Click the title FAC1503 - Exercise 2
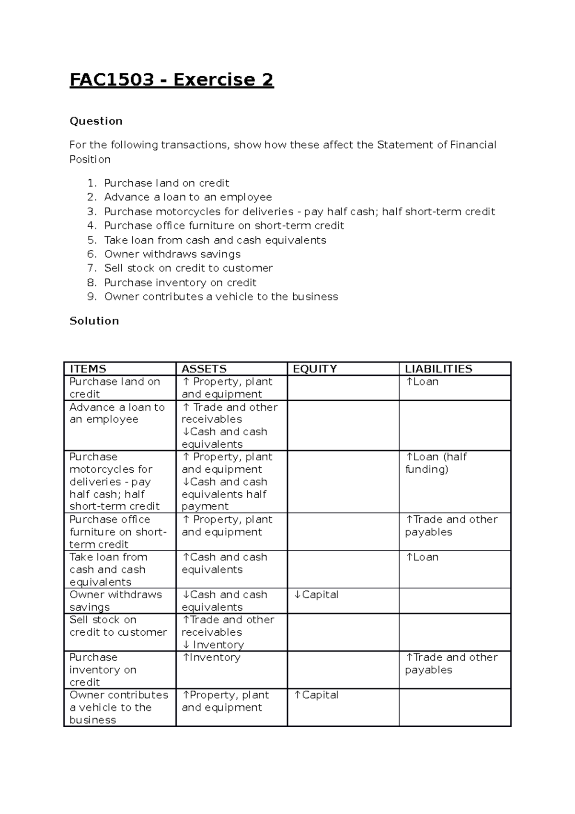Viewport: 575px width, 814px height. pos(172,80)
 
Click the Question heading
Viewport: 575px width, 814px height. pos(96,121)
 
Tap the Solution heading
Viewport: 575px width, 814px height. pos(94,321)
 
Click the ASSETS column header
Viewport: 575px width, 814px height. pos(204,369)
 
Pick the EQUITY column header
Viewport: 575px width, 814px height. pos(314,369)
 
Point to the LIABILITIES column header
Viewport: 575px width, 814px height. pos(438,369)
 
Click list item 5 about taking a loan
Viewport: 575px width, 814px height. pos(215,240)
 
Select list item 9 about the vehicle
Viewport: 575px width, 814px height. pos(221,297)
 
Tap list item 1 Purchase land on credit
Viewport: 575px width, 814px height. pos(166,183)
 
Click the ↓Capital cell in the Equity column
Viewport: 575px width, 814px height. pos(316,595)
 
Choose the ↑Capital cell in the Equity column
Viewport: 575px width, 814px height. pos(316,695)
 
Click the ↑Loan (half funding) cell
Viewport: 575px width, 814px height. pos(436,463)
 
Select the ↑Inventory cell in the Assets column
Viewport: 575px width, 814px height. pos(211,658)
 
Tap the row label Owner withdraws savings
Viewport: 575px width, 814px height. pos(115,601)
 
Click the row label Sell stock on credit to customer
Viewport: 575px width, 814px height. pos(118,626)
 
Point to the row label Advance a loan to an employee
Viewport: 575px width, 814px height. pos(117,413)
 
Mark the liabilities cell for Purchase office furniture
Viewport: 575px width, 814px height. pos(451,526)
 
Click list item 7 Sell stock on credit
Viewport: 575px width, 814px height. pos(188,268)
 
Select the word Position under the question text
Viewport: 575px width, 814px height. pos(90,160)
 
